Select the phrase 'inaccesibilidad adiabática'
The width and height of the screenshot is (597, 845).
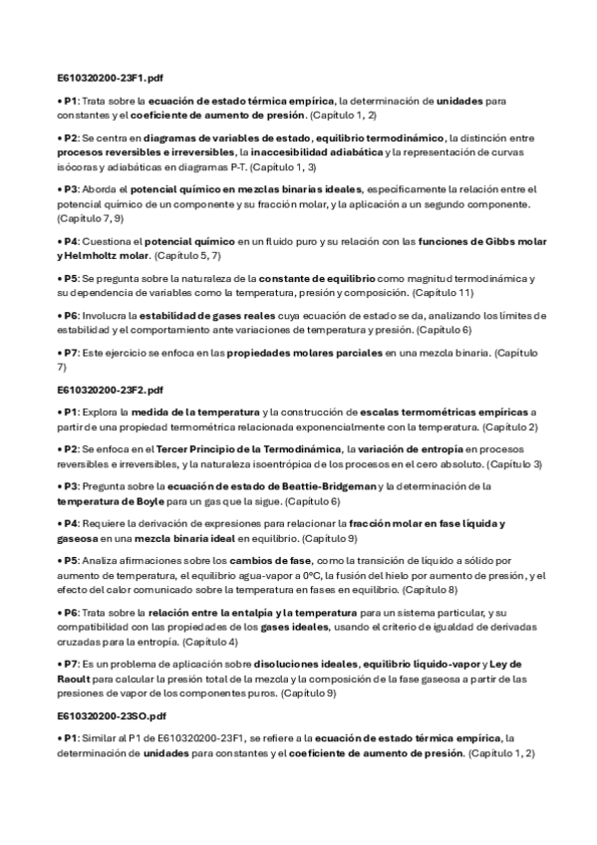(x=316, y=152)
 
